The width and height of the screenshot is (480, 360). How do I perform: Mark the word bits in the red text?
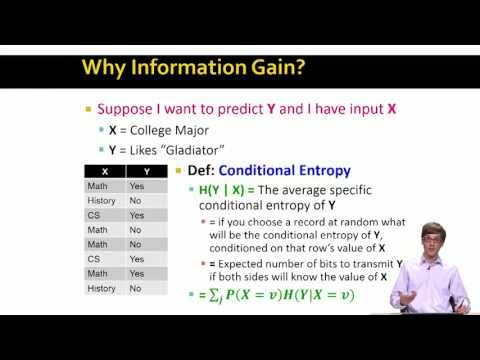(x=331, y=264)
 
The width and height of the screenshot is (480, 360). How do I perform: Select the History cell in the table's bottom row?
(x=102, y=288)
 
